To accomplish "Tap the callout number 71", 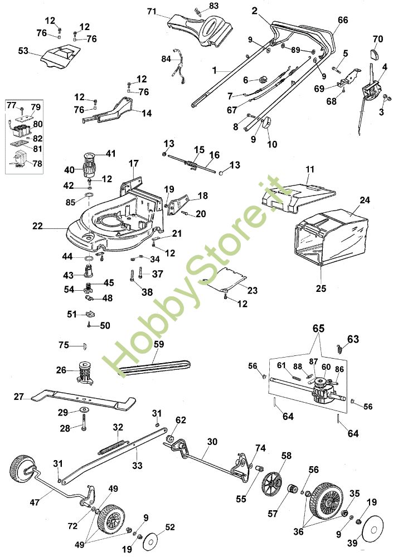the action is pyautogui.click(x=152, y=12).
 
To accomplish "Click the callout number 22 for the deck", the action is pyautogui.click(x=38, y=226).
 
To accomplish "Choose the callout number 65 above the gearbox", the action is pyautogui.click(x=318, y=328).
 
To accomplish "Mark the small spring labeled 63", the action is pyautogui.click(x=339, y=349).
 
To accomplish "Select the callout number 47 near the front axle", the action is pyautogui.click(x=35, y=502).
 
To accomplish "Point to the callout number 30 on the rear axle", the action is pyautogui.click(x=212, y=442).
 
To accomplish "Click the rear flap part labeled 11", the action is pyautogui.click(x=299, y=196).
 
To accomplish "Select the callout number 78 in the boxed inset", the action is pyautogui.click(x=37, y=163).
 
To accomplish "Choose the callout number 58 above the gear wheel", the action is pyautogui.click(x=286, y=456).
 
